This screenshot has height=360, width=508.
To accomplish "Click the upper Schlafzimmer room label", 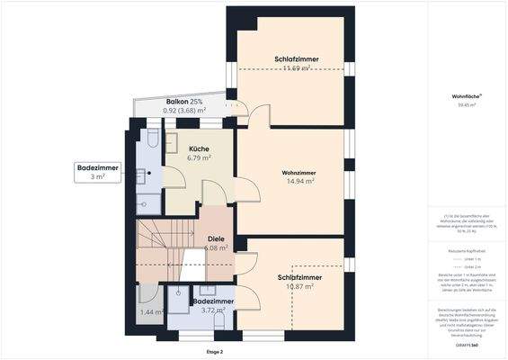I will [297, 59].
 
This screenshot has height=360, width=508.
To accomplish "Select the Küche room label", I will [199, 148].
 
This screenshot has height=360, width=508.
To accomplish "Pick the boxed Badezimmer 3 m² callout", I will [98, 172].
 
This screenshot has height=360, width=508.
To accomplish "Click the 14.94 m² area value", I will [299, 181].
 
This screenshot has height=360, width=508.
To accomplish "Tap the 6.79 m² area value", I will [199, 157].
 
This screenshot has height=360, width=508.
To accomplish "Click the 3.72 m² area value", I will [213, 310].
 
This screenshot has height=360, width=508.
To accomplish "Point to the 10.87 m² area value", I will [299, 287].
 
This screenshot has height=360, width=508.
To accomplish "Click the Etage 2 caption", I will [214, 351].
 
